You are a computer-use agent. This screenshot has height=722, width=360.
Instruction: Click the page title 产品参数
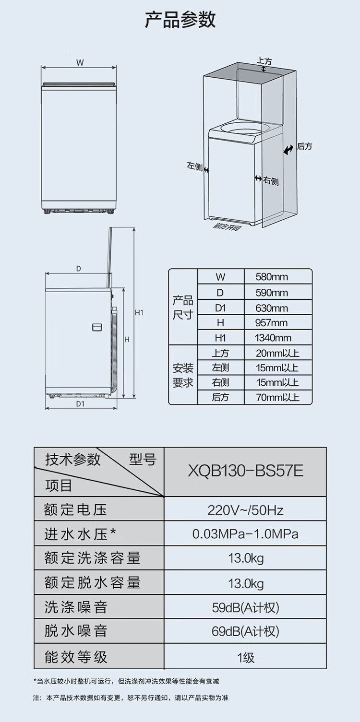pyautogui.click(x=180, y=20)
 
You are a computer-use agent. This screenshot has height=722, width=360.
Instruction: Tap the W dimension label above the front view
pyautogui.click(x=80, y=62)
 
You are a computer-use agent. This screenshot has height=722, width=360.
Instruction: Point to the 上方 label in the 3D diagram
pyautogui.click(x=264, y=61)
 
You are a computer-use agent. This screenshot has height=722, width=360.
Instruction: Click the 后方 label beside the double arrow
pyautogui.click(x=304, y=146)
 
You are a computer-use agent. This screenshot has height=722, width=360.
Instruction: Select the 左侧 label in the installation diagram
pyautogui.click(x=194, y=166)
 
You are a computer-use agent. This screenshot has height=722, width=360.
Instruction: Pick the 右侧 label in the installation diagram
pyautogui.click(x=271, y=180)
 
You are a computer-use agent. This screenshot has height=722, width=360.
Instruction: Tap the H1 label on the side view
pyautogui.click(x=139, y=313)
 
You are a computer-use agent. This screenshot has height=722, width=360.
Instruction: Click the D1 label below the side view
pyautogui.click(x=80, y=403)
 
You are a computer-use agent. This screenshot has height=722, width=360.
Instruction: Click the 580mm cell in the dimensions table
pyautogui.click(x=272, y=277)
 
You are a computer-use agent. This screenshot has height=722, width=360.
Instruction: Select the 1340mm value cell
pyautogui.click(x=273, y=338)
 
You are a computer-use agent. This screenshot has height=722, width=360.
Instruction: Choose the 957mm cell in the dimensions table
pyautogui.click(x=272, y=323)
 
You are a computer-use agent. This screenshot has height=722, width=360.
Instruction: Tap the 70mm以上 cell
pyautogui.click(x=277, y=397)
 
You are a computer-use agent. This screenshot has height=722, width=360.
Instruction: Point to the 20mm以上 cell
pyautogui.click(x=277, y=354)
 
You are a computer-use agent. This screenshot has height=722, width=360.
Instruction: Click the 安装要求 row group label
pyautogui.click(x=183, y=376)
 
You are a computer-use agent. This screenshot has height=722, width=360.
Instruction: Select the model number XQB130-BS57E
pyautogui.click(x=245, y=471)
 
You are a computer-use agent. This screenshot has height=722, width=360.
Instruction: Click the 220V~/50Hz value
pyautogui.click(x=245, y=509)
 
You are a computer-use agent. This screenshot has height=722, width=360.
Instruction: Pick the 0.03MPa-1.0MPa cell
pyautogui.click(x=245, y=534)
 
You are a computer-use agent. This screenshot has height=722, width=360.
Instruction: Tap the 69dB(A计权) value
pyautogui.click(x=245, y=631)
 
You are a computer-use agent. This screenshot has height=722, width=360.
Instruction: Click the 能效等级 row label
pyautogui.click(x=76, y=656)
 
